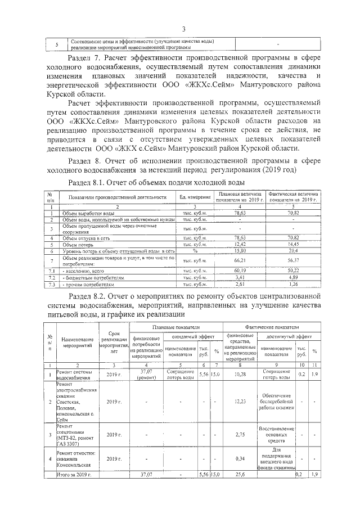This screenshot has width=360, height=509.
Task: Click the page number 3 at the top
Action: [183, 29]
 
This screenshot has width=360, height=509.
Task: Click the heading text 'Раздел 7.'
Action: [83, 58]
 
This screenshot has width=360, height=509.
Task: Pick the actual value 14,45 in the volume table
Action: [292, 245]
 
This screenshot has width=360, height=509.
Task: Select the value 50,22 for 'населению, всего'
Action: [292, 271]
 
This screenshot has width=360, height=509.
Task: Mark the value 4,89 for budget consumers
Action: [292, 277]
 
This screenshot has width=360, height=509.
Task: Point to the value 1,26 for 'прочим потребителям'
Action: [292, 284]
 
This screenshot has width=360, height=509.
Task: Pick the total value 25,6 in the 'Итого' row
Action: [241, 475]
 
